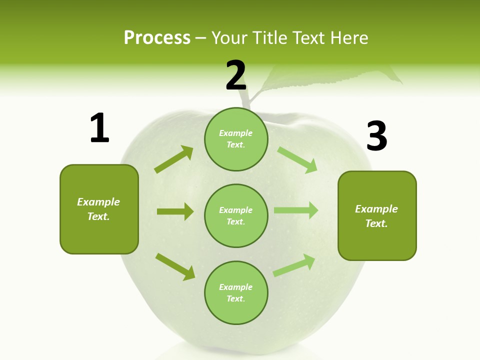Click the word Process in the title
coord(157,38)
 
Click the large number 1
coord(99,128)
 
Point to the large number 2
coord(236,75)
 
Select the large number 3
coord(376,136)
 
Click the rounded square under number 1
coord(99,209)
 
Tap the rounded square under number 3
coord(377,215)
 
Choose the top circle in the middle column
coord(236,139)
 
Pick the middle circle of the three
coord(236,215)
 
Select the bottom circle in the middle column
coord(236,292)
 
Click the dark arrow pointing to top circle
coord(174,159)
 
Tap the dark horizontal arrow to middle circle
coord(175,211)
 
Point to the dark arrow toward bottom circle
coord(175,266)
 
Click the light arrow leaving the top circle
coord(297,159)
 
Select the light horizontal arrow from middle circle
coord(296,210)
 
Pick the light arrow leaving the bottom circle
coord(294,265)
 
